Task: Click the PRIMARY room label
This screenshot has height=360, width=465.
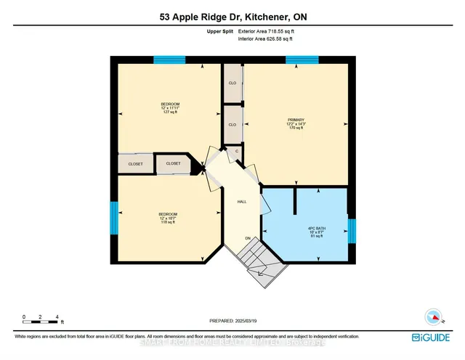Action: [x=295, y=119]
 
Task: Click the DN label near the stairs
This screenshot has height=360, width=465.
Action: [x=247, y=238]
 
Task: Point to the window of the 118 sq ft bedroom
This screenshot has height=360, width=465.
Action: [x=113, y=218]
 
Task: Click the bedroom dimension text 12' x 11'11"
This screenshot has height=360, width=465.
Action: [x=170, y=109]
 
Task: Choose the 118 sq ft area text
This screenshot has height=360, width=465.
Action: [x=169, y=223]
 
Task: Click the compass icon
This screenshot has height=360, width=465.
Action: [x=432, y=317]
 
